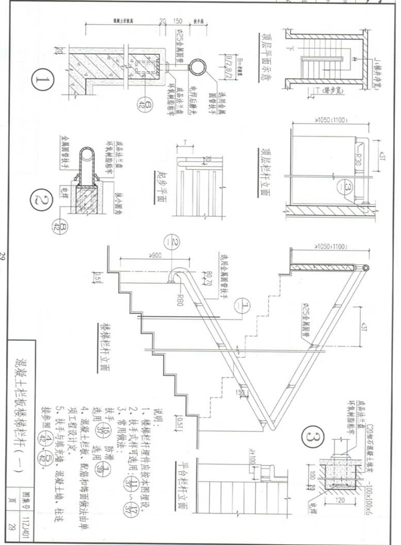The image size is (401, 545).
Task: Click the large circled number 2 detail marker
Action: pyautogui.click(x=45, y=199)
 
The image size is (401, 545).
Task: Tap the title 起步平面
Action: pyautogui.click(x=160, y=177)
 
